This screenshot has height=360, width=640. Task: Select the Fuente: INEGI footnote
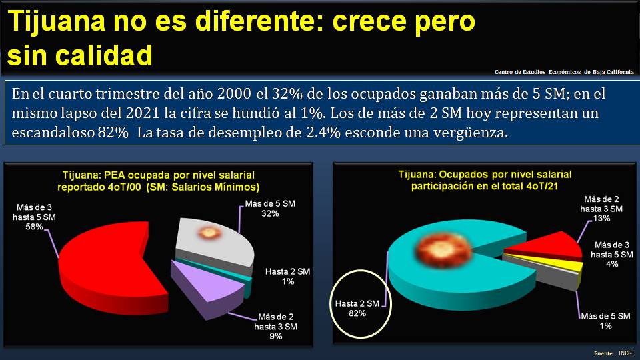(x=614, y=353)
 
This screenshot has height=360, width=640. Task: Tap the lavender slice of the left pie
(x=207, y=280)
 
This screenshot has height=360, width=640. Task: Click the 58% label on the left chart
(x=35, y=227)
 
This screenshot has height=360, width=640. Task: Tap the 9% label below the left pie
(x=276, y=336)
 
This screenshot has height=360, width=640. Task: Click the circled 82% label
(x=357, y=313)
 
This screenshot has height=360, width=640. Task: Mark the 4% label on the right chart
(x=612, y=264)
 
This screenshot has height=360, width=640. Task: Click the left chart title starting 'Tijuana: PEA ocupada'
(x=158, y=181)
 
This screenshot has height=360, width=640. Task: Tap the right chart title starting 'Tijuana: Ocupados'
(x=485, y=180)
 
